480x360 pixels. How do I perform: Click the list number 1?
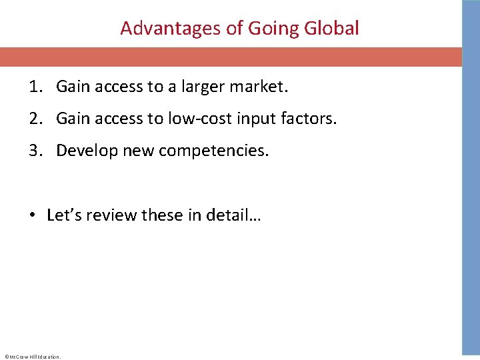pos(35,86)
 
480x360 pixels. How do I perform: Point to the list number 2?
pos(35,119)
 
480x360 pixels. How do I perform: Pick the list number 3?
pos(35,151)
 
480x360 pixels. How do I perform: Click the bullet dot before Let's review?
pos(32,215)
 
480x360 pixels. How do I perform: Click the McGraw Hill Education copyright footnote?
pos(32,357)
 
